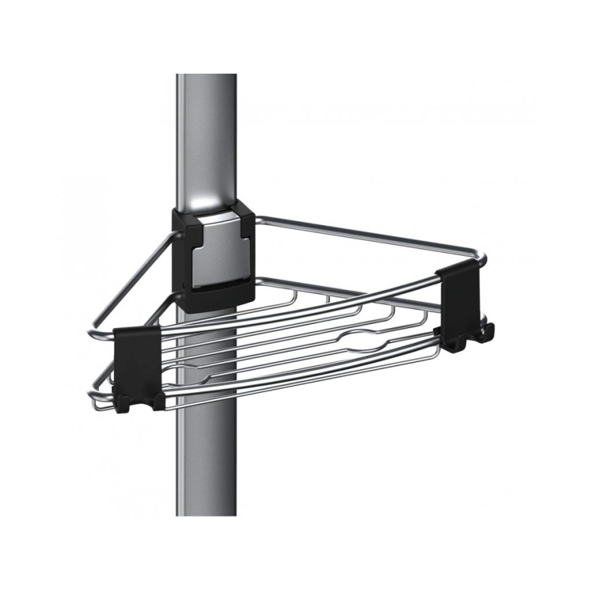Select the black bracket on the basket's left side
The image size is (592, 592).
[x=137, y=361]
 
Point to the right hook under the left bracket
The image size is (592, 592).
[x=159, y=402]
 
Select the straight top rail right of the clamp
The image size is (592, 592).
[x=355, y=235]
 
